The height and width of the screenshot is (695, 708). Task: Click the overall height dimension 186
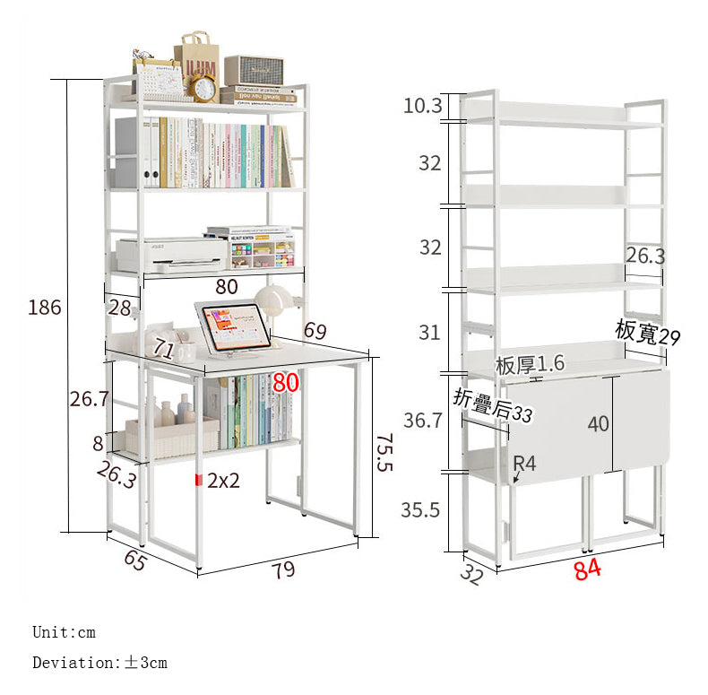[45, 308]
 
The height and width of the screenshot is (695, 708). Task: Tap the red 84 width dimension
[587, 569]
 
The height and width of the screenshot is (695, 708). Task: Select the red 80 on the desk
[286, 383]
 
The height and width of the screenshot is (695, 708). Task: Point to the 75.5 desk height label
[383, 454]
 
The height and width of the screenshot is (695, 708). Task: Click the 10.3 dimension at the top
[422, 106]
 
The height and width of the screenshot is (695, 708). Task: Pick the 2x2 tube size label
[223, 480]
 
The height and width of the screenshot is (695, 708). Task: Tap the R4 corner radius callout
[524, 464]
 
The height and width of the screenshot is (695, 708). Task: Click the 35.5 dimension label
[420, 510]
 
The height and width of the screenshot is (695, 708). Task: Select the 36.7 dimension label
[422, 420]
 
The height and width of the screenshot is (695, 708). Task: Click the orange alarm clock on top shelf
[203, 88]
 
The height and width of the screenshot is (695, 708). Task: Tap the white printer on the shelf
[170, 255]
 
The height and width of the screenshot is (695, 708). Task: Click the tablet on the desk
[231, 325]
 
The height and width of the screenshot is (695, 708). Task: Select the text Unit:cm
[64, 632]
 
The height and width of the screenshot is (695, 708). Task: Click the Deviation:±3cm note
[99, 663]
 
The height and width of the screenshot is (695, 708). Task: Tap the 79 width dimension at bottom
[283, 570]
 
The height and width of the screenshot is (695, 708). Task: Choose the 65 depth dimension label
[135, 560]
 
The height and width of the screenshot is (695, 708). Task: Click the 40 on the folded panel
[599, 423]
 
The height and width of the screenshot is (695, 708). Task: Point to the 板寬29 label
[647, 332]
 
